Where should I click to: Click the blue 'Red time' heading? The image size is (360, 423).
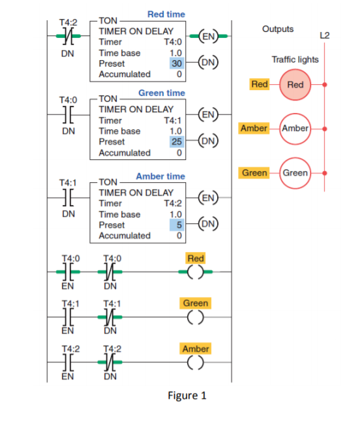[166, 14]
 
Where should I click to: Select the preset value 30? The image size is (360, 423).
[177, 63]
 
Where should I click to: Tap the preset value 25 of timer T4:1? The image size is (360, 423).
[177, 142]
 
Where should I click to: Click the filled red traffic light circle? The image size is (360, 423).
[295, 85]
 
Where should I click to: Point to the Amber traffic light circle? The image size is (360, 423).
[295, 129]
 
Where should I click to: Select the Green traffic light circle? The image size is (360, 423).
[295, 173]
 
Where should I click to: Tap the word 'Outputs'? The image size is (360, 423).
[278, 29]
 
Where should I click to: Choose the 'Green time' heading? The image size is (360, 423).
[161, 93]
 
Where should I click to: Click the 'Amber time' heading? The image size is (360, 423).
[160, 176]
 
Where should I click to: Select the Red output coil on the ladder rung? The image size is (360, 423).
[195, 273]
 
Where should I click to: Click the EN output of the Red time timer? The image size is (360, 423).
[207, 36]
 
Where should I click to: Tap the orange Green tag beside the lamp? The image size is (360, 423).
[254, 173]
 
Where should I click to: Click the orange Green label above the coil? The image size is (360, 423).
[196, 303]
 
